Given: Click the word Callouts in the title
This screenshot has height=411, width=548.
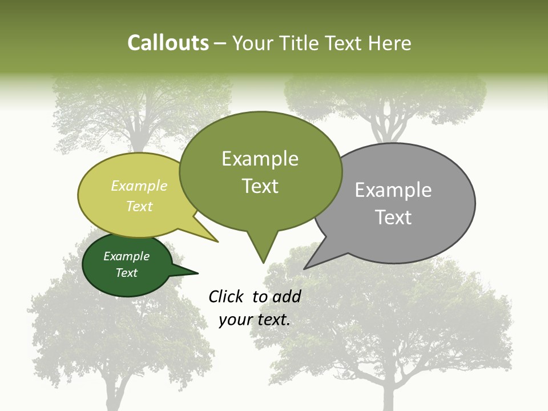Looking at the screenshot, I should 168,43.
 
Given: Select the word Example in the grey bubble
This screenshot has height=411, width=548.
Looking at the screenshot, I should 393,190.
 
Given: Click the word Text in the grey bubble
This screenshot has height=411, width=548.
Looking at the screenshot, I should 393,217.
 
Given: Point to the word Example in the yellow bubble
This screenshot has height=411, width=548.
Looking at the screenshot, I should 139,186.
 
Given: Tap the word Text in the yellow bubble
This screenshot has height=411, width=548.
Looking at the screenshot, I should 139,206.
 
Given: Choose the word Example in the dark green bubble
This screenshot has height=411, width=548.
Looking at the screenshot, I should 127,256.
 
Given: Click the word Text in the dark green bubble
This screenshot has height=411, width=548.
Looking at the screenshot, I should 127,273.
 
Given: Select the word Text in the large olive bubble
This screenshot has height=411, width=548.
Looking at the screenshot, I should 260,186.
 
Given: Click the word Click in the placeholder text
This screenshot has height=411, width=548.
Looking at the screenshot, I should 227,296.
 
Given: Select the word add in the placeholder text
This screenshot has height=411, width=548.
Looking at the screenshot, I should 287,296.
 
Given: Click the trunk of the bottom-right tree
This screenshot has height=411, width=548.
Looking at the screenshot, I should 388,394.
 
